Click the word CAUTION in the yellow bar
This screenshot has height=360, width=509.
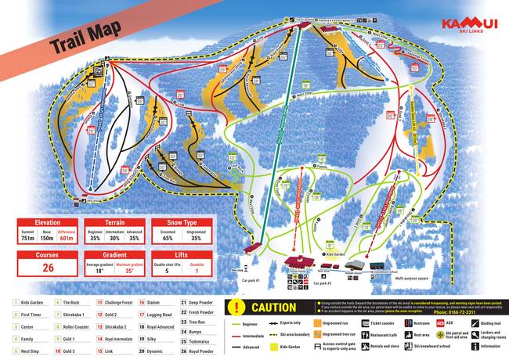(x=274, y=308)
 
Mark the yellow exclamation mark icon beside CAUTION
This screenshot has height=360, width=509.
(x=238, y=308)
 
